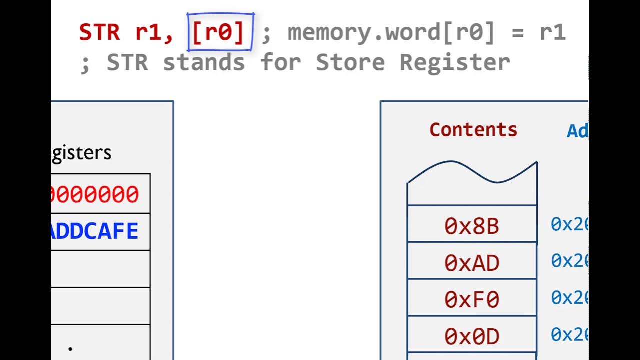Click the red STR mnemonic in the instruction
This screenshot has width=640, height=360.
coord(99,32)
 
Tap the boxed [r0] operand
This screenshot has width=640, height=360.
coord(220,32)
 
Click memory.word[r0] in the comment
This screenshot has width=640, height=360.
coord(391,32)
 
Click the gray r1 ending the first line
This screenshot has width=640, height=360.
coord(552,32)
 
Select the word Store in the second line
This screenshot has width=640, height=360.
coord(350,63)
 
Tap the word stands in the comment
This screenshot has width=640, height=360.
coord(204,63)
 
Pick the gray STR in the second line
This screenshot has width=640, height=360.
coord(127,63)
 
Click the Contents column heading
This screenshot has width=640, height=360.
coord(473,130)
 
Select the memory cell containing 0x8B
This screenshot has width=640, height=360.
coord(472,226)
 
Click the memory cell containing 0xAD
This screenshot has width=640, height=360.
coord(472,262)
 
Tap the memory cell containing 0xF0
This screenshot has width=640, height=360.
coord(472,299)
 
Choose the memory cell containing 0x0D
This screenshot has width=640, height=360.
coord(472,336)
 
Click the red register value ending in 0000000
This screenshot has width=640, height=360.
coord(95,194)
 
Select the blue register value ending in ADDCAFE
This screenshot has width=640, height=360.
coord(95,231)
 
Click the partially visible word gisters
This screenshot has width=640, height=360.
coord(81,152)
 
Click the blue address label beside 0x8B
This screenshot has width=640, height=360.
coord(569,224)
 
